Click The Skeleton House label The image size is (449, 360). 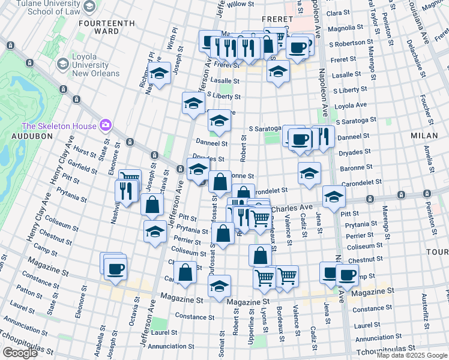[59, 126]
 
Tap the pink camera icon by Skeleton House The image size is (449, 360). [106, 125]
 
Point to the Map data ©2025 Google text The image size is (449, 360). [411, 355]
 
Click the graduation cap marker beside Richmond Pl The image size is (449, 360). [159, 74]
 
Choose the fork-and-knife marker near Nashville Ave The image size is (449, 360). [125, 191]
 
